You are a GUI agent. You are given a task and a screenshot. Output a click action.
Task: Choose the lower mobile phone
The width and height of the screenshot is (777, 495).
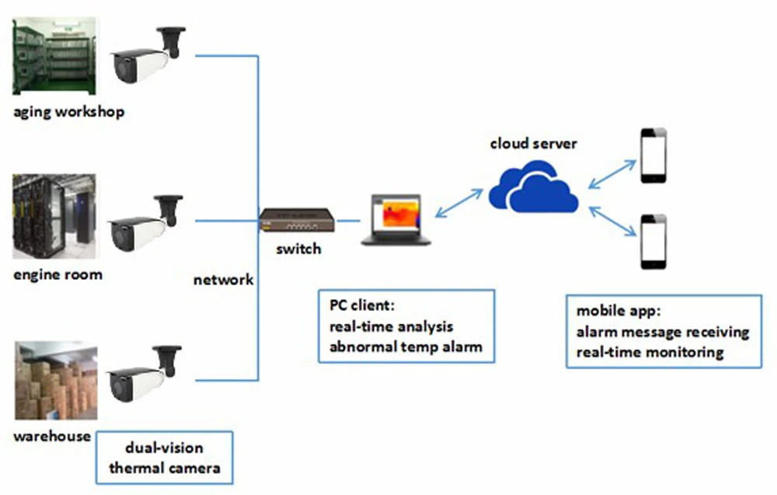point(653,242)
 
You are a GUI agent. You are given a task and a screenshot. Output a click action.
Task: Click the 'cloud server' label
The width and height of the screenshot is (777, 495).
point(534,144)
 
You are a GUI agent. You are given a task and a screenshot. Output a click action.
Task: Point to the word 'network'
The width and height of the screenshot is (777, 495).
point(223,280)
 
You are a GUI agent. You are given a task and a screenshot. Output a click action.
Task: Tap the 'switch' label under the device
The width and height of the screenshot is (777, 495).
point(298,249)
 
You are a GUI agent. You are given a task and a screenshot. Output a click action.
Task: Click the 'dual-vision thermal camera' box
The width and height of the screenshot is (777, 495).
point(165,458)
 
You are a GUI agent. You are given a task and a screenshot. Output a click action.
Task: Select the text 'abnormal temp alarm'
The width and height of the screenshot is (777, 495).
point(405,347)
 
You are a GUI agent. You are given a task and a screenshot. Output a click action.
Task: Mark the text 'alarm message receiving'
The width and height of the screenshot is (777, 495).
point(663,332)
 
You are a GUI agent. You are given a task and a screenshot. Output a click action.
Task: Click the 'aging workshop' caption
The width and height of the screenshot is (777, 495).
point(68,112)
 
